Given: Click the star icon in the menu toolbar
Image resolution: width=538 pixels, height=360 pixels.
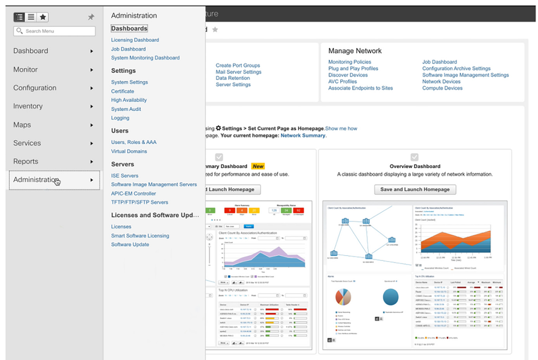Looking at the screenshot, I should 43,17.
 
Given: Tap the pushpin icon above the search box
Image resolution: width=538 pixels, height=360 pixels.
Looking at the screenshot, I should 91,17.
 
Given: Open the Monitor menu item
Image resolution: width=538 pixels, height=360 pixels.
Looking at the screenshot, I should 26,69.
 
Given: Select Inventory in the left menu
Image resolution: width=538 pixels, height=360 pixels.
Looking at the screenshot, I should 28,106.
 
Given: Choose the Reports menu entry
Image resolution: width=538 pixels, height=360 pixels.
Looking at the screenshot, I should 26,161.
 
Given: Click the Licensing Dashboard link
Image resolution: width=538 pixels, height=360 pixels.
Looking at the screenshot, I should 135,40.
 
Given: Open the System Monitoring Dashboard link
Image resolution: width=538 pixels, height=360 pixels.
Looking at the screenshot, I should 145,58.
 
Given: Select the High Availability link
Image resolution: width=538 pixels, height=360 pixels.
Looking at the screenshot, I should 129,100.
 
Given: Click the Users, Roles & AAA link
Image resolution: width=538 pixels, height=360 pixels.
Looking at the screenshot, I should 134,142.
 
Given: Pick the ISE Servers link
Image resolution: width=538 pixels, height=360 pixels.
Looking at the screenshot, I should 124,176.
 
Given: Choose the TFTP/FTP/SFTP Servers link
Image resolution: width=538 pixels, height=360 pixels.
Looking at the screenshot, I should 140,202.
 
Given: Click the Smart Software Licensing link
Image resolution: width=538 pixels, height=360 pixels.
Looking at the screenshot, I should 140,236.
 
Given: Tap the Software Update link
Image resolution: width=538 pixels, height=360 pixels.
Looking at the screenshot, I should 130,244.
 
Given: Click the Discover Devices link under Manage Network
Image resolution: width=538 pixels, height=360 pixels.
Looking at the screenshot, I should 348,75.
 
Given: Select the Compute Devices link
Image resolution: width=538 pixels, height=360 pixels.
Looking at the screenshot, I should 442,88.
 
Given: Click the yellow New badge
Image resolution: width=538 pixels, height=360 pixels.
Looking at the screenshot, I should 258,166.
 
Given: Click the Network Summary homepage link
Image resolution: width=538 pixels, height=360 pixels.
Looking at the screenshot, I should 303,135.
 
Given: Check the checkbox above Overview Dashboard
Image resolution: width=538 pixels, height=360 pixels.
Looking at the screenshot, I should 414,157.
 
